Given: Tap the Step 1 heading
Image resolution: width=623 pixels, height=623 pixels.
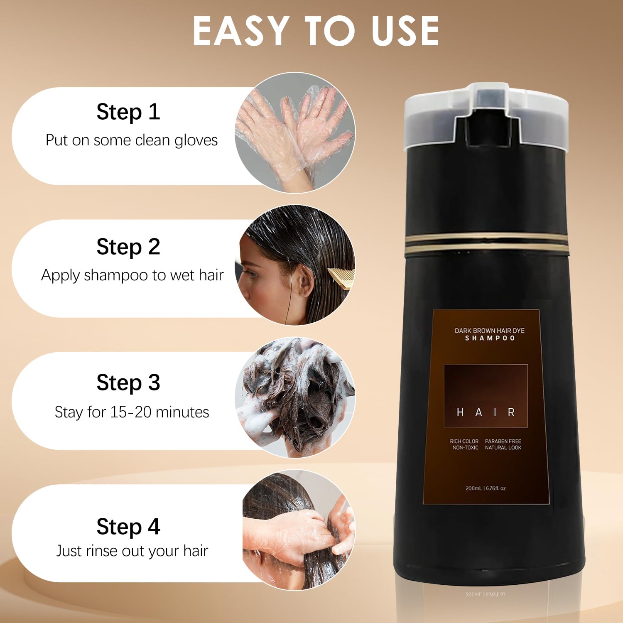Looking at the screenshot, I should point(128,112).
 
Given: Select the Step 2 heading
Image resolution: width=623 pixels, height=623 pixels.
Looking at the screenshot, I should point(128,248).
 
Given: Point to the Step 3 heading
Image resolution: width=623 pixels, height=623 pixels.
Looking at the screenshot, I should point(128,383).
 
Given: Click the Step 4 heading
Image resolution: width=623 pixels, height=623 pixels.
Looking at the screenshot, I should point(128,527).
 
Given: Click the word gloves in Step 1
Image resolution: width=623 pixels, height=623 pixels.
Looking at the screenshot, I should point(196,141).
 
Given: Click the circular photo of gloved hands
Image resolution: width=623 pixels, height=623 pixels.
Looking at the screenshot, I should point(295,133).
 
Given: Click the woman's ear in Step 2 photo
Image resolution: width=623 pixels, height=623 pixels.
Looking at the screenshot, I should point(305,282).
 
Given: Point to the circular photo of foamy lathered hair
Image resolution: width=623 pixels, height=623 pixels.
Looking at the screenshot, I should point(295,397).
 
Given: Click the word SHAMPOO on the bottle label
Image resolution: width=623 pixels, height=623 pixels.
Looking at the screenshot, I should point(490,338).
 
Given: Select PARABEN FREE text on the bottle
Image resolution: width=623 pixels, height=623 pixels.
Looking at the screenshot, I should point(503,441).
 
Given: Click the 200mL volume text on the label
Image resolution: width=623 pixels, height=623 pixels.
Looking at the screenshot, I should point(474,488).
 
